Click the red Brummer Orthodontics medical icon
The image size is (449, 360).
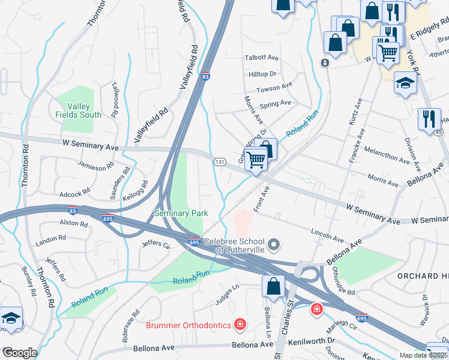point(240,325)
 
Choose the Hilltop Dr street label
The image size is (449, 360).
point(262,74)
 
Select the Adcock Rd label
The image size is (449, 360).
point(74,193)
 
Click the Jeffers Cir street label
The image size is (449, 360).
point(156,244)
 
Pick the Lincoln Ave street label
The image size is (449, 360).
point(327,232)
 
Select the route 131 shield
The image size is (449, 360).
point(220,162)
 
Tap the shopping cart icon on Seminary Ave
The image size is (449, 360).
point(256,160)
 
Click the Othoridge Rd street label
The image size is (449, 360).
point(345,280)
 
